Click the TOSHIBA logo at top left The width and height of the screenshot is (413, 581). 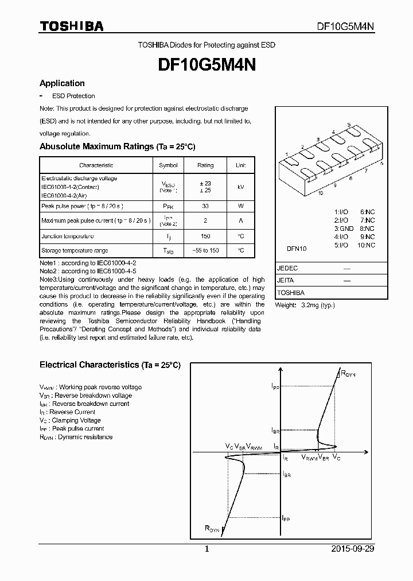(x=71, y=26)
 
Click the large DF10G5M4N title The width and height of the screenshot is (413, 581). (x=206, y=65)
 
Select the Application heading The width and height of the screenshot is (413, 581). (x=62, y=83)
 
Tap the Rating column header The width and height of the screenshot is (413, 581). (x=205, y=165)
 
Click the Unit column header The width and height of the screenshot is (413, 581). (x=240, y=165)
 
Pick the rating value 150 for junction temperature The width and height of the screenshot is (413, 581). (x=205, y=236)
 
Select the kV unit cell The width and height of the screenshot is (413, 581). (x=240, y=187)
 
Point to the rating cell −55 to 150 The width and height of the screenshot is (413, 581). (x=205, y=251)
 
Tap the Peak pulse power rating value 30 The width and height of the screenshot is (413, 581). (x=205, y=206)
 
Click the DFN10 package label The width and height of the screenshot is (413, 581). (x=297, y=249)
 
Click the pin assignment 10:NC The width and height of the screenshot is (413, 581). (x=365, y=245)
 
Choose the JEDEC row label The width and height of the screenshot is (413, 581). (x=287, y=268)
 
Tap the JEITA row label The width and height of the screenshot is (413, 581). (x=286, y=280)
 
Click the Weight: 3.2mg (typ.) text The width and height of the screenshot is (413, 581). (x=305, y=305)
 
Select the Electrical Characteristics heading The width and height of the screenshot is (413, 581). (x=110, y=365)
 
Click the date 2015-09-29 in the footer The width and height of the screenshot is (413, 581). (x=353, y=549)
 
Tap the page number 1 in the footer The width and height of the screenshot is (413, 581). (x=206, y=549)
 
